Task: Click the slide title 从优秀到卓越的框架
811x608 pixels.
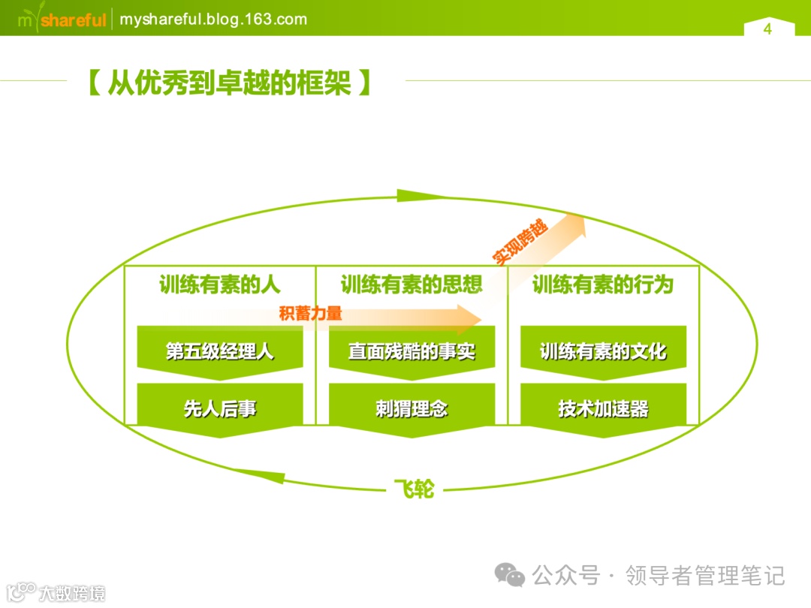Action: click(229, 83)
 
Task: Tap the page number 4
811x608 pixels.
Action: click(767, 29)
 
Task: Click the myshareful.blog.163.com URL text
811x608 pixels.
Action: click(213, 20)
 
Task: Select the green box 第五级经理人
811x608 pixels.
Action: click(220, 351)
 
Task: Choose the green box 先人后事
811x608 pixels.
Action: click(220, 408)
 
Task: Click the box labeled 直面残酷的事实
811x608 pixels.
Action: click(412, 351)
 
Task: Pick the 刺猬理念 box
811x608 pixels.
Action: click(412, 408)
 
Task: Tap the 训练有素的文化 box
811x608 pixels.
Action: click(603, 351)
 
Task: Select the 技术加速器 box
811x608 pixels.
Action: click(603, 408)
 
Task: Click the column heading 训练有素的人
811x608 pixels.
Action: click(220, 285)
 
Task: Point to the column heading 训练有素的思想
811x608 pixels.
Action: click(412, 285)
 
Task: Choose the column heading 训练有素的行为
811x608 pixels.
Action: click(603, 285)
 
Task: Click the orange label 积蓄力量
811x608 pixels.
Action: click(310, 314)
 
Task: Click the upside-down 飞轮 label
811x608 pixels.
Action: click(414, 489)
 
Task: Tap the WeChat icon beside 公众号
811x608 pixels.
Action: click(510, 576)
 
